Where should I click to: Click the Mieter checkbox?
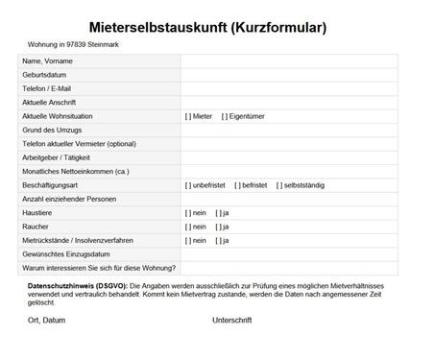pos(188,116)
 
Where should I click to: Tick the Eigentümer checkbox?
pos(225,116)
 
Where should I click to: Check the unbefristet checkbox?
pos(188,185)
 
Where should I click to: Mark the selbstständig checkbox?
pos(279,185)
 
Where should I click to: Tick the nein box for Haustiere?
pos(188,213)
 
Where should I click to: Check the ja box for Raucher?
pos(219,227)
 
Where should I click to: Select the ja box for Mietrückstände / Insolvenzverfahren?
pos(219,240)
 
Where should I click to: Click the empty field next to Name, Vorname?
pos(288,60)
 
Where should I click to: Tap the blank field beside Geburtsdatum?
pos(288,74)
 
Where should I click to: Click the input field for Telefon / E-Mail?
pos(288,88)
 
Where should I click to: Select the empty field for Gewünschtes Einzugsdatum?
pos(288,254)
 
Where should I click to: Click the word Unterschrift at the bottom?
pos(231,321)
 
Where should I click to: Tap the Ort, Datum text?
pos(47,321)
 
